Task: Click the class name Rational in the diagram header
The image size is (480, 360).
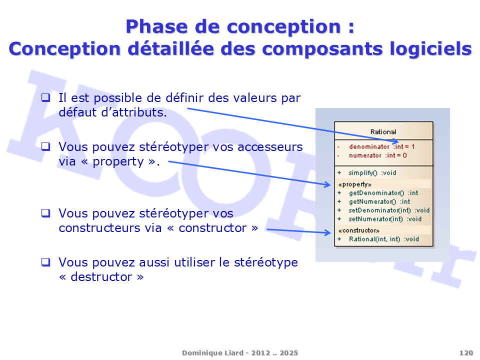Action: tap(383, 132)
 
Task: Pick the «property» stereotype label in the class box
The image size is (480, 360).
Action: tap(355, 184)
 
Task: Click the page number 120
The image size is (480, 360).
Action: tap(466, 353)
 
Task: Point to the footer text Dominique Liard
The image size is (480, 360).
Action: tap(213, 353)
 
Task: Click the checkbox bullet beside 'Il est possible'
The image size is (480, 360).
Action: tap(45, 97)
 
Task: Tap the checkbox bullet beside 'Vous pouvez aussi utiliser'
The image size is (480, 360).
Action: tap(45, 262)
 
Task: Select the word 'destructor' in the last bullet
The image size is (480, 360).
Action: tap(101, 276)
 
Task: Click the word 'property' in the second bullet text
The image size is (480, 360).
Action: tap(118, 162)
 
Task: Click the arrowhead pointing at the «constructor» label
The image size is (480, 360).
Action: tap(327, 232)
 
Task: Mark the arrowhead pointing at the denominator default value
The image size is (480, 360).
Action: tap(395, 141)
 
